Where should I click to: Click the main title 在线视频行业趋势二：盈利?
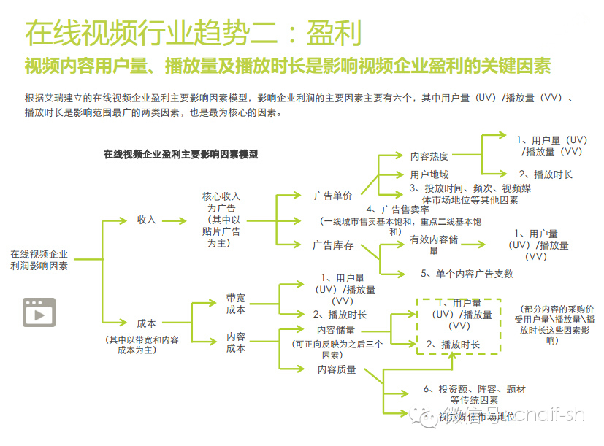[194, 34]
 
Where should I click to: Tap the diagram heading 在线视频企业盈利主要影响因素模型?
[180, 155]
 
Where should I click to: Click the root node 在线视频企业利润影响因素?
[39, 260]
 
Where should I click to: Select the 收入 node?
[147, 220]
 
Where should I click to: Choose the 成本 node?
[147, 323]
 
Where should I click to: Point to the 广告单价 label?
[332, 196]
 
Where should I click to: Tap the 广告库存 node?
[333, 245]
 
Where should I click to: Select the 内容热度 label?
[429, 156]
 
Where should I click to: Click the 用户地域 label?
[429, 174]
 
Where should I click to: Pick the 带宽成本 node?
[236, 304]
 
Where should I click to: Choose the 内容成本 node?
[236, 342]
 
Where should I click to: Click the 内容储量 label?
[336, 331]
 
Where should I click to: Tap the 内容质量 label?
[337, 369]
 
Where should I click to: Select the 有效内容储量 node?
[434, 245]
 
